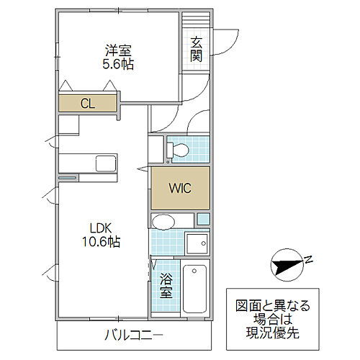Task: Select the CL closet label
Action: [87, 104]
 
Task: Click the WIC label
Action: [180, 189]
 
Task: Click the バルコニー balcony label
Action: [134, 336]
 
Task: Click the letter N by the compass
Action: [308, 259]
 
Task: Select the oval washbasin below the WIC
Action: [164, 220]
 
